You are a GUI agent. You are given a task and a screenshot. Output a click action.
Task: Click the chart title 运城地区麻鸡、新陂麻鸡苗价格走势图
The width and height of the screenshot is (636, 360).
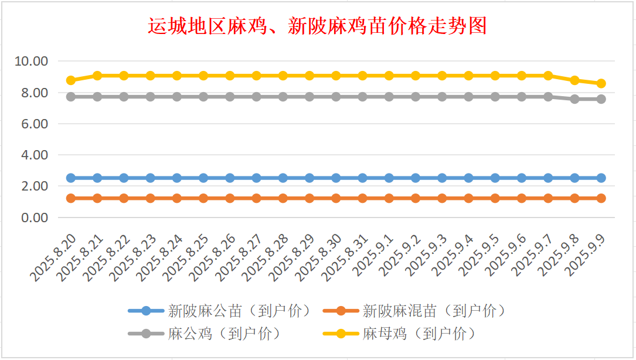pos(317,26)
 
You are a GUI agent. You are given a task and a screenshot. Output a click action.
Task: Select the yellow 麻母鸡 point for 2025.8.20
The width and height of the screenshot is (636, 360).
pos(71,80)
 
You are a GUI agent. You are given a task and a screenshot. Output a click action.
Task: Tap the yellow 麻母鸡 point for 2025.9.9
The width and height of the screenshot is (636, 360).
pos(601,83)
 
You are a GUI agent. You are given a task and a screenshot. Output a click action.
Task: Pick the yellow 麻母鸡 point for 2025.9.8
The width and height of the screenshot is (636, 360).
pos(574,80)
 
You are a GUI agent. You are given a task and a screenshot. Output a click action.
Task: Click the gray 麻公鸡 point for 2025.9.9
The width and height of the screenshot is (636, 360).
pos(601,99)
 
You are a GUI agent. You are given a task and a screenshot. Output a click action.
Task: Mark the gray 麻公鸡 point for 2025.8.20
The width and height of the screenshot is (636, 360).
pos(71,97)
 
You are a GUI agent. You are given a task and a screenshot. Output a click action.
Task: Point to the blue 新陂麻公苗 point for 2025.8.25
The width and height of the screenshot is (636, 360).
pos(203,178)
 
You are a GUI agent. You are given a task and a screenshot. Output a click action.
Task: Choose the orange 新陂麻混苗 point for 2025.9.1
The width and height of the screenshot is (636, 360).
pos(389,198)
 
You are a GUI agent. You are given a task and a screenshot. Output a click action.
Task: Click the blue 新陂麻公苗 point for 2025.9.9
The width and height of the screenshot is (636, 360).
pos(601,178)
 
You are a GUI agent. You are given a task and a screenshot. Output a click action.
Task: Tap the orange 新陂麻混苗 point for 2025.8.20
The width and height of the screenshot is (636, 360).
pos(71,198)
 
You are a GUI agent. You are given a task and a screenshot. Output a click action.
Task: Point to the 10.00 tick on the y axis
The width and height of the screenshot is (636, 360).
pos(32,61)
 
